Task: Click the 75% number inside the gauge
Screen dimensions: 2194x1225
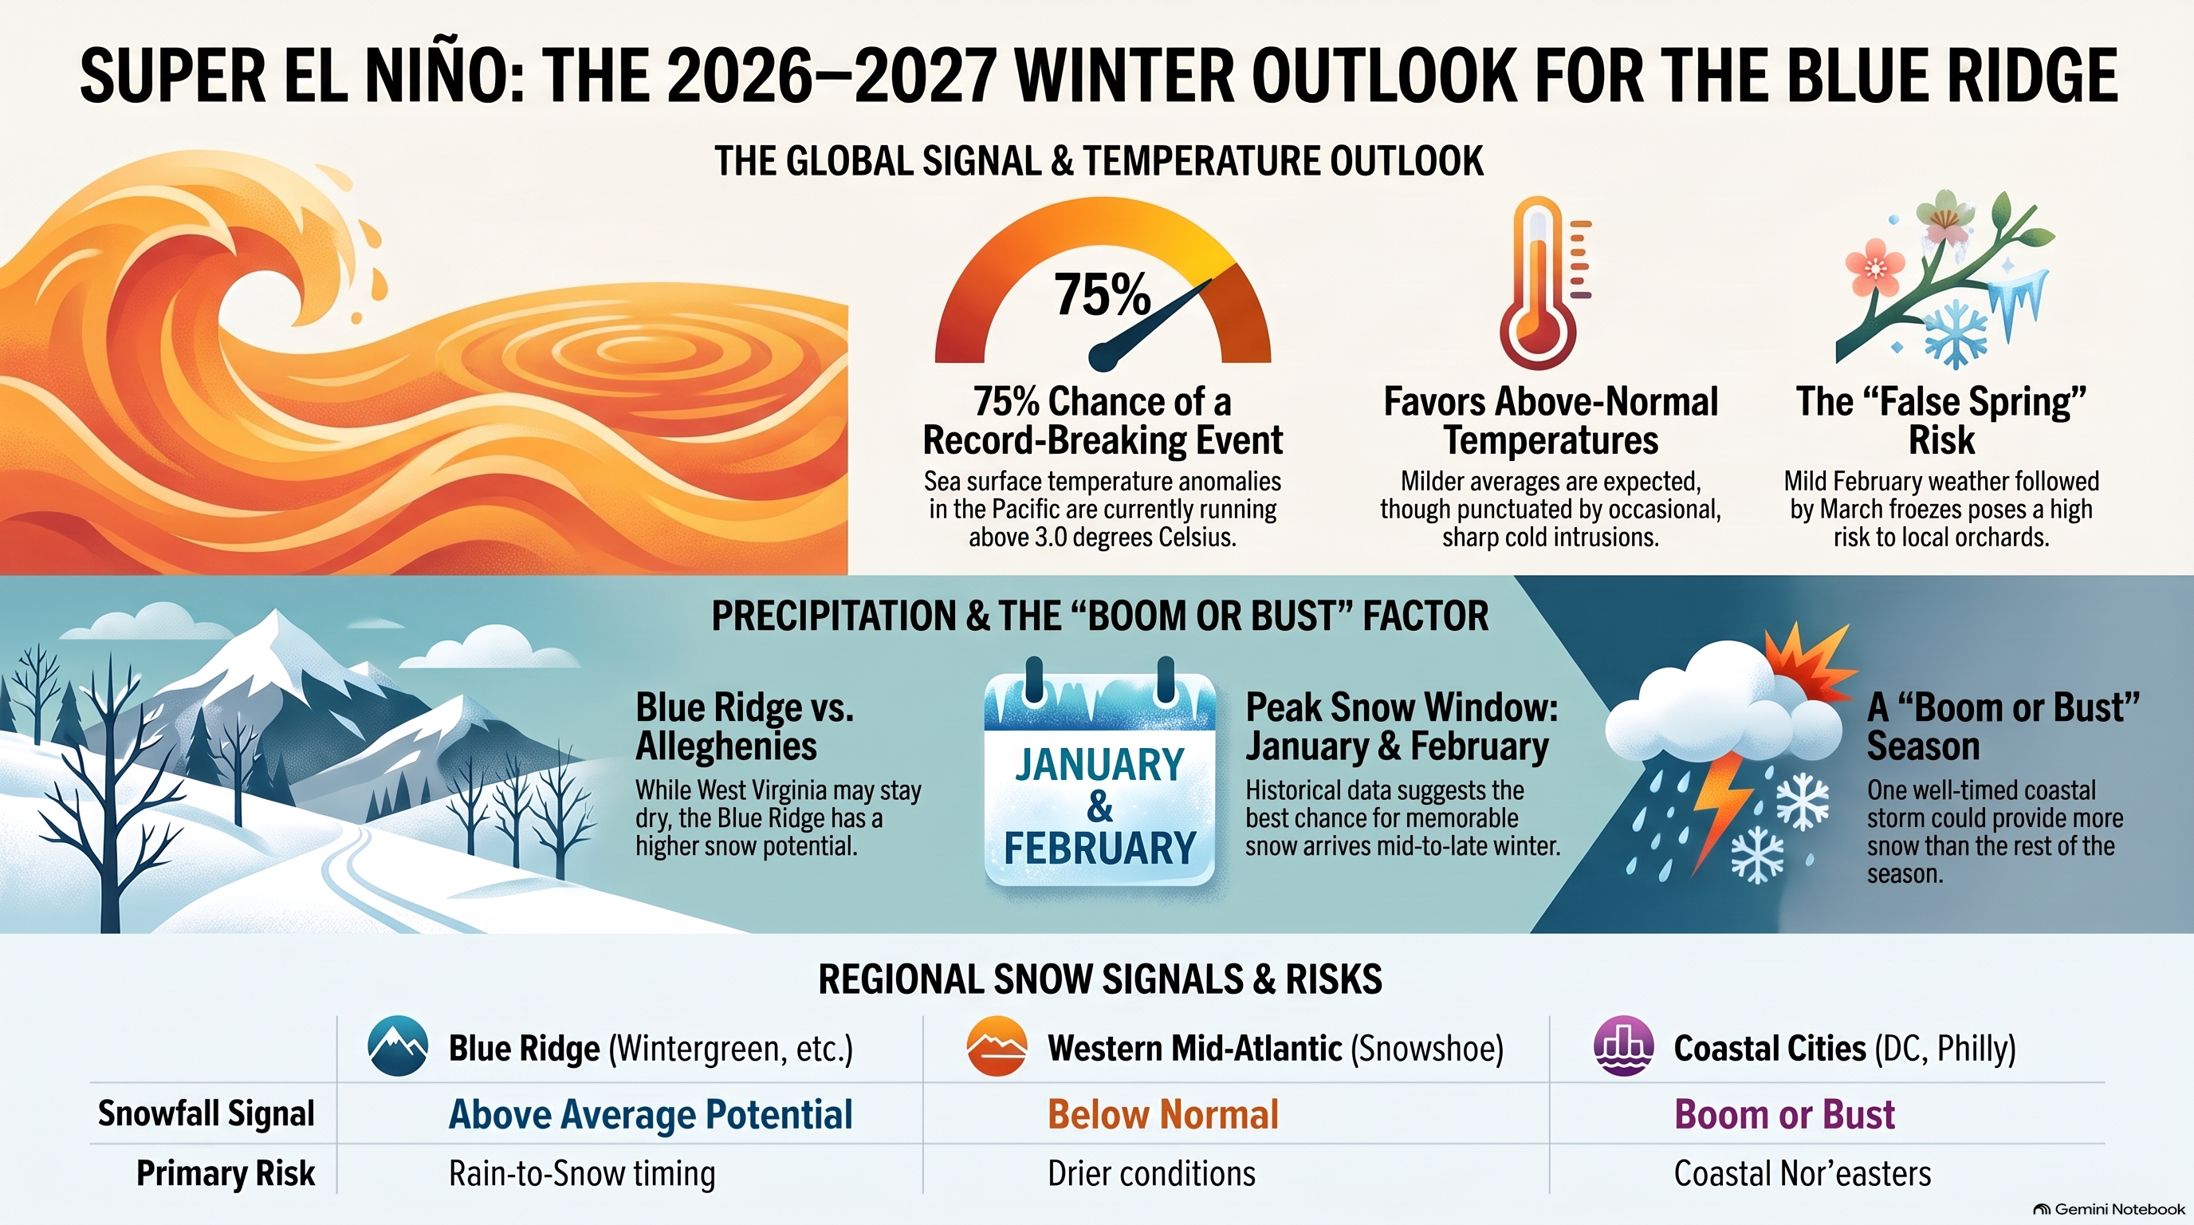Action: pyautogui.click(x=1102, y=294)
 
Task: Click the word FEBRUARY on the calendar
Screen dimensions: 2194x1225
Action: pyautogui.click(x=1099, y=848)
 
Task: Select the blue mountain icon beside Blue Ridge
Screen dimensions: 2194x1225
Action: pyautogui.click(x=398, y=1046)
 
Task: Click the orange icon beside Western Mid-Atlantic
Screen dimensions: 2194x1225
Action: pyautogui.click(x=997, y=1046)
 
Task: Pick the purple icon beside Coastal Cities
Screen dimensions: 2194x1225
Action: pyautogui.click(x=1623, y=1046)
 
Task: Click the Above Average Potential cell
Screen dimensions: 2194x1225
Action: pyautogui.click(x=651, y=1114)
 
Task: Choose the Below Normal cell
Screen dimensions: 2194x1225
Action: pyautogui.click(x=1163, y=1114)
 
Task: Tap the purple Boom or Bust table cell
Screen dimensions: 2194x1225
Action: pyautogui.click(x=1784, y=1114)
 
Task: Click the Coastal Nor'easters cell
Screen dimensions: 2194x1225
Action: pyautogui.click(x=1803, y=1174)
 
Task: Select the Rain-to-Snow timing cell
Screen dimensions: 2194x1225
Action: pyautogui.click(x=582, y=1174)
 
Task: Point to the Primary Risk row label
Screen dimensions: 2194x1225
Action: pyautogui.click(x=226, y=1174)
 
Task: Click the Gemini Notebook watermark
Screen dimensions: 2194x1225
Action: pyautogui.click(x=2109, y=1210)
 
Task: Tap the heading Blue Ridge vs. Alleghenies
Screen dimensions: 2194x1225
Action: pyautogui.click(x=745, y=727)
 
